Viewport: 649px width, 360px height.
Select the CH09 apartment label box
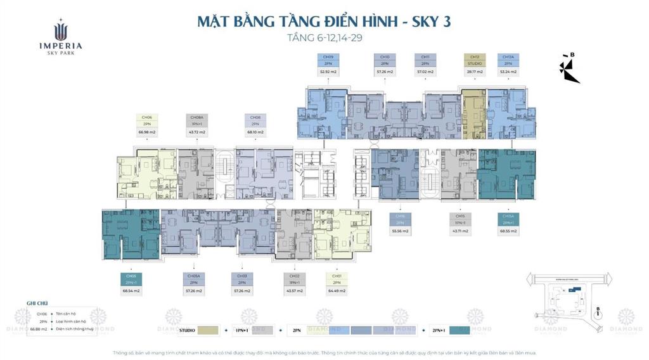click(x=327, y=60)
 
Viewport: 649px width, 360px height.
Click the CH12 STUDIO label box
click(x=473, y=60)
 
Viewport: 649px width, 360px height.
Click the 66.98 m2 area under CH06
click(x=147, y=132)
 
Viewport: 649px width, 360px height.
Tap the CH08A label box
click(x=196, y=120)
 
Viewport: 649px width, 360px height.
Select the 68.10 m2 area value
click(x=255, y=132)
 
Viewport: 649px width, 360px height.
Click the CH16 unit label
click(x=400, y=219)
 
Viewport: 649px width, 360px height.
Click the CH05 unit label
click(x=131, y=280)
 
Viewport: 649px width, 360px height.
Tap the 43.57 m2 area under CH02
click(x=294, y=291)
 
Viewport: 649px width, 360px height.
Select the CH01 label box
click(x=337, y=280)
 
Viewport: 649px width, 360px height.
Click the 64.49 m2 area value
click(x=337, y=291)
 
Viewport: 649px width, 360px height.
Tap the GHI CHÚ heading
click(x=37, y=304)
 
